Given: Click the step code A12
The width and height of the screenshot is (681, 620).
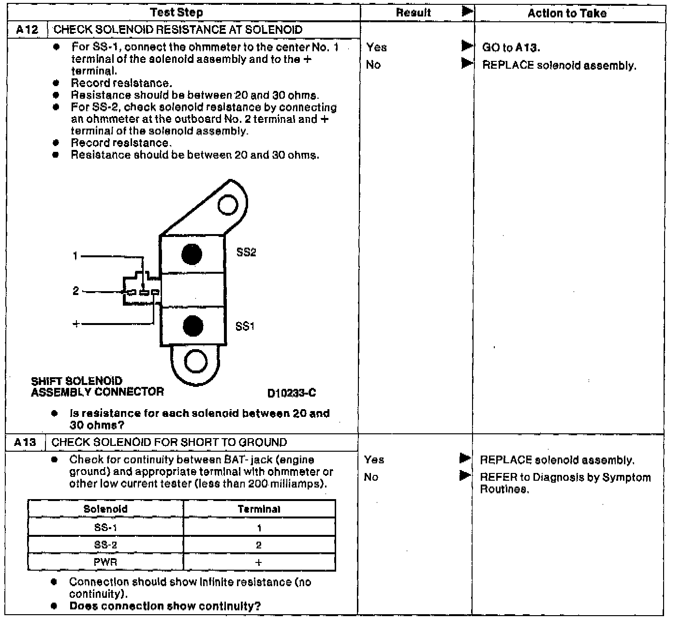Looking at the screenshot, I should click(x=27, y=30).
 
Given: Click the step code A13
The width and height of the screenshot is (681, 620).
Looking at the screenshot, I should click(x=25, y=442).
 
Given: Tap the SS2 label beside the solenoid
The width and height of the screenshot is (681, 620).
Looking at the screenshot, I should click(x=246, y=252).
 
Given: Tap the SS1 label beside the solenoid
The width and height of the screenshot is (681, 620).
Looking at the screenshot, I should click(x=245, y=326).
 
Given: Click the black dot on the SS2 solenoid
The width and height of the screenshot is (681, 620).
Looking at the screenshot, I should click(x=192, y=254).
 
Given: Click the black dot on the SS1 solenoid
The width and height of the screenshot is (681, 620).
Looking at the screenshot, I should click(x=193, y=326).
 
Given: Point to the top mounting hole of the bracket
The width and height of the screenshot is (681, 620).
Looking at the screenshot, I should click(x=227, y=205).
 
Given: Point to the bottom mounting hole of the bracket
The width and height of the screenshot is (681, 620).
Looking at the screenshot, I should click(x=196, y=361).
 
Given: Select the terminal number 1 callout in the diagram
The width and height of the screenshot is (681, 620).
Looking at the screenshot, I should click(x=75, y=256).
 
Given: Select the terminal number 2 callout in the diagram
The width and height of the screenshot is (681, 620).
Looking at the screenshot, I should click(x=75, y=291).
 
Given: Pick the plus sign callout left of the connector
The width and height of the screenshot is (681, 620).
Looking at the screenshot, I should click(x=76, y=324).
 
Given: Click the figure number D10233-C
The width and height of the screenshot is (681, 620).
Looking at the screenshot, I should click(x=292, y=393).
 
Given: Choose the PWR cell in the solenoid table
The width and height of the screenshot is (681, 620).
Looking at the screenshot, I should click(x=105, y=562).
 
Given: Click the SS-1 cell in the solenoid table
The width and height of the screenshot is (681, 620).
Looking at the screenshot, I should click(x=105, y=528).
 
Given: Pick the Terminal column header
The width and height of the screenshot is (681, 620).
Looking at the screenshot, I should click(x=259, y=509).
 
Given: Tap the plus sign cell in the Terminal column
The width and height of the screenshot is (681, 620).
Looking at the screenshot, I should click(x=259, y=562).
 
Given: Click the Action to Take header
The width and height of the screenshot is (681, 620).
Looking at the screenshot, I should click(x=567, y=13).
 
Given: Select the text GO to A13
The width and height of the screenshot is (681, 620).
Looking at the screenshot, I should click(x=511, y=47).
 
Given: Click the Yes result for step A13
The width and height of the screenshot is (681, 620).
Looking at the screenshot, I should click(x=374, y=459).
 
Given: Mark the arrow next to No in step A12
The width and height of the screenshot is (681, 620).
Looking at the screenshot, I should click(x=467, y=63).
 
